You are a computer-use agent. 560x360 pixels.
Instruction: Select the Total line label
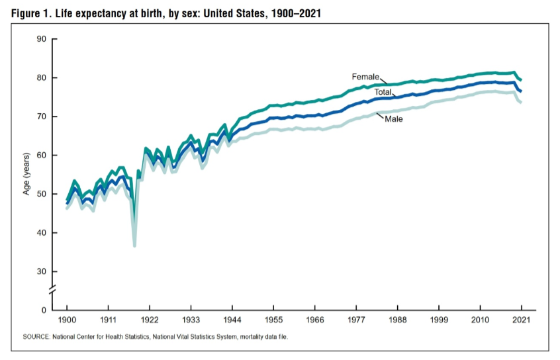pyautogui.click(x=383, y=92)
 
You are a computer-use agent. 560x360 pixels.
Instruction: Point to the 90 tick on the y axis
pyautogui.click(x=42, y=40)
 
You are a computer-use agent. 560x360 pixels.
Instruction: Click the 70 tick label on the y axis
pyautogui.click(x=42, y=117)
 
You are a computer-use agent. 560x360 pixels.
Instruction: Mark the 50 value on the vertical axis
pyautogui.click(x=42, y=195)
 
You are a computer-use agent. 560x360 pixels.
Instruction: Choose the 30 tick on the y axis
pyautogui.click(x=42, y=272)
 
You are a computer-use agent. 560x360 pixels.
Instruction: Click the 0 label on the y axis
pyautogui.click(x=44, y=310)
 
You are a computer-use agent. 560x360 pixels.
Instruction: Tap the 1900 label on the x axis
pyautogui.click(x=67, y=320)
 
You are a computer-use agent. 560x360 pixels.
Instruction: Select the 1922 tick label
pyautogui.click(x=150, y=320)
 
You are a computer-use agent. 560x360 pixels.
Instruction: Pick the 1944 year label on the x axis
pyautogui.click(x=232, y=320)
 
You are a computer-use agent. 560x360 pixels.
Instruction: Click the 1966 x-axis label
pyautogui.click(x=315, y=320)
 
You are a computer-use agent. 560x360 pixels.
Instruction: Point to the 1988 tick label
pyautogui.click(x=397, y=320)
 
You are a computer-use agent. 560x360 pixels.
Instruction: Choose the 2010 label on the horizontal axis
pyautogui.click(x=480, y=320)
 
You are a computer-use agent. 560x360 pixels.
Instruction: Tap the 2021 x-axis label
pyautogui.click(x=521, y=320)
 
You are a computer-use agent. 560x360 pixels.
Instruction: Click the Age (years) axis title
pyautogui.click(x=26, y=174)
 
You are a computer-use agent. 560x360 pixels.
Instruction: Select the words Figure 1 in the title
pyautogui.click(x=33, y=14)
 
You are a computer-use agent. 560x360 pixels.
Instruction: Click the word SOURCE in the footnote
pyautogui.click(x=36, y=337)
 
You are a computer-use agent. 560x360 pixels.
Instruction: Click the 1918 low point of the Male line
pyautogui.click(x=134, y=246)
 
